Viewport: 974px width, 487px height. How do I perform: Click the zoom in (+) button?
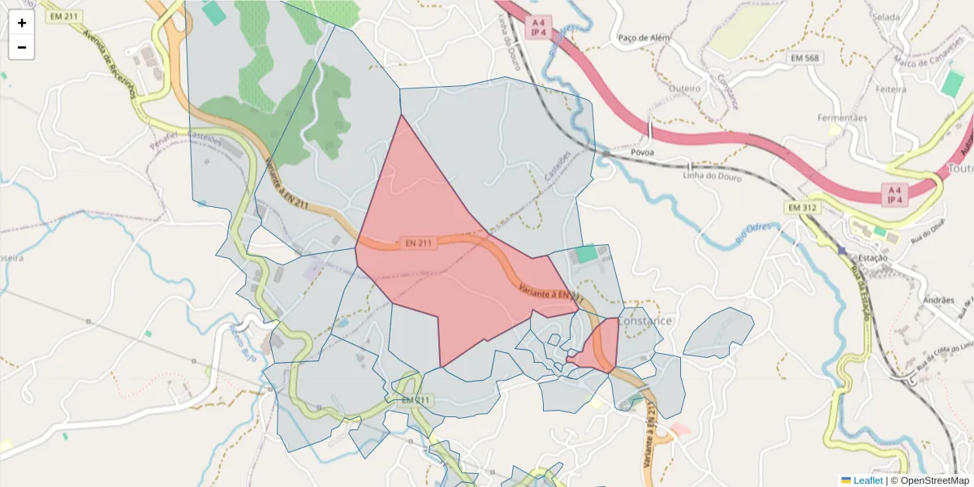(22, 23)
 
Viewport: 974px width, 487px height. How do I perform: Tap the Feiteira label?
(891, 89)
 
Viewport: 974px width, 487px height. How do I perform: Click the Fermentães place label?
(843, 118)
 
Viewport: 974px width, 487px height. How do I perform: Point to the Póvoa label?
(641, 152)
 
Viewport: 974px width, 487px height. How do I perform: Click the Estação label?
(873, 257)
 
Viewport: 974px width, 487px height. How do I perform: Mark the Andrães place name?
(939, 300)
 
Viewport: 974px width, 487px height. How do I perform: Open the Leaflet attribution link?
(868, 481)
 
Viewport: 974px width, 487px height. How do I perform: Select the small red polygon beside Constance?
(599, 347)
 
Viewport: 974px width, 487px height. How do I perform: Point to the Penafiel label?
(163, 140)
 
